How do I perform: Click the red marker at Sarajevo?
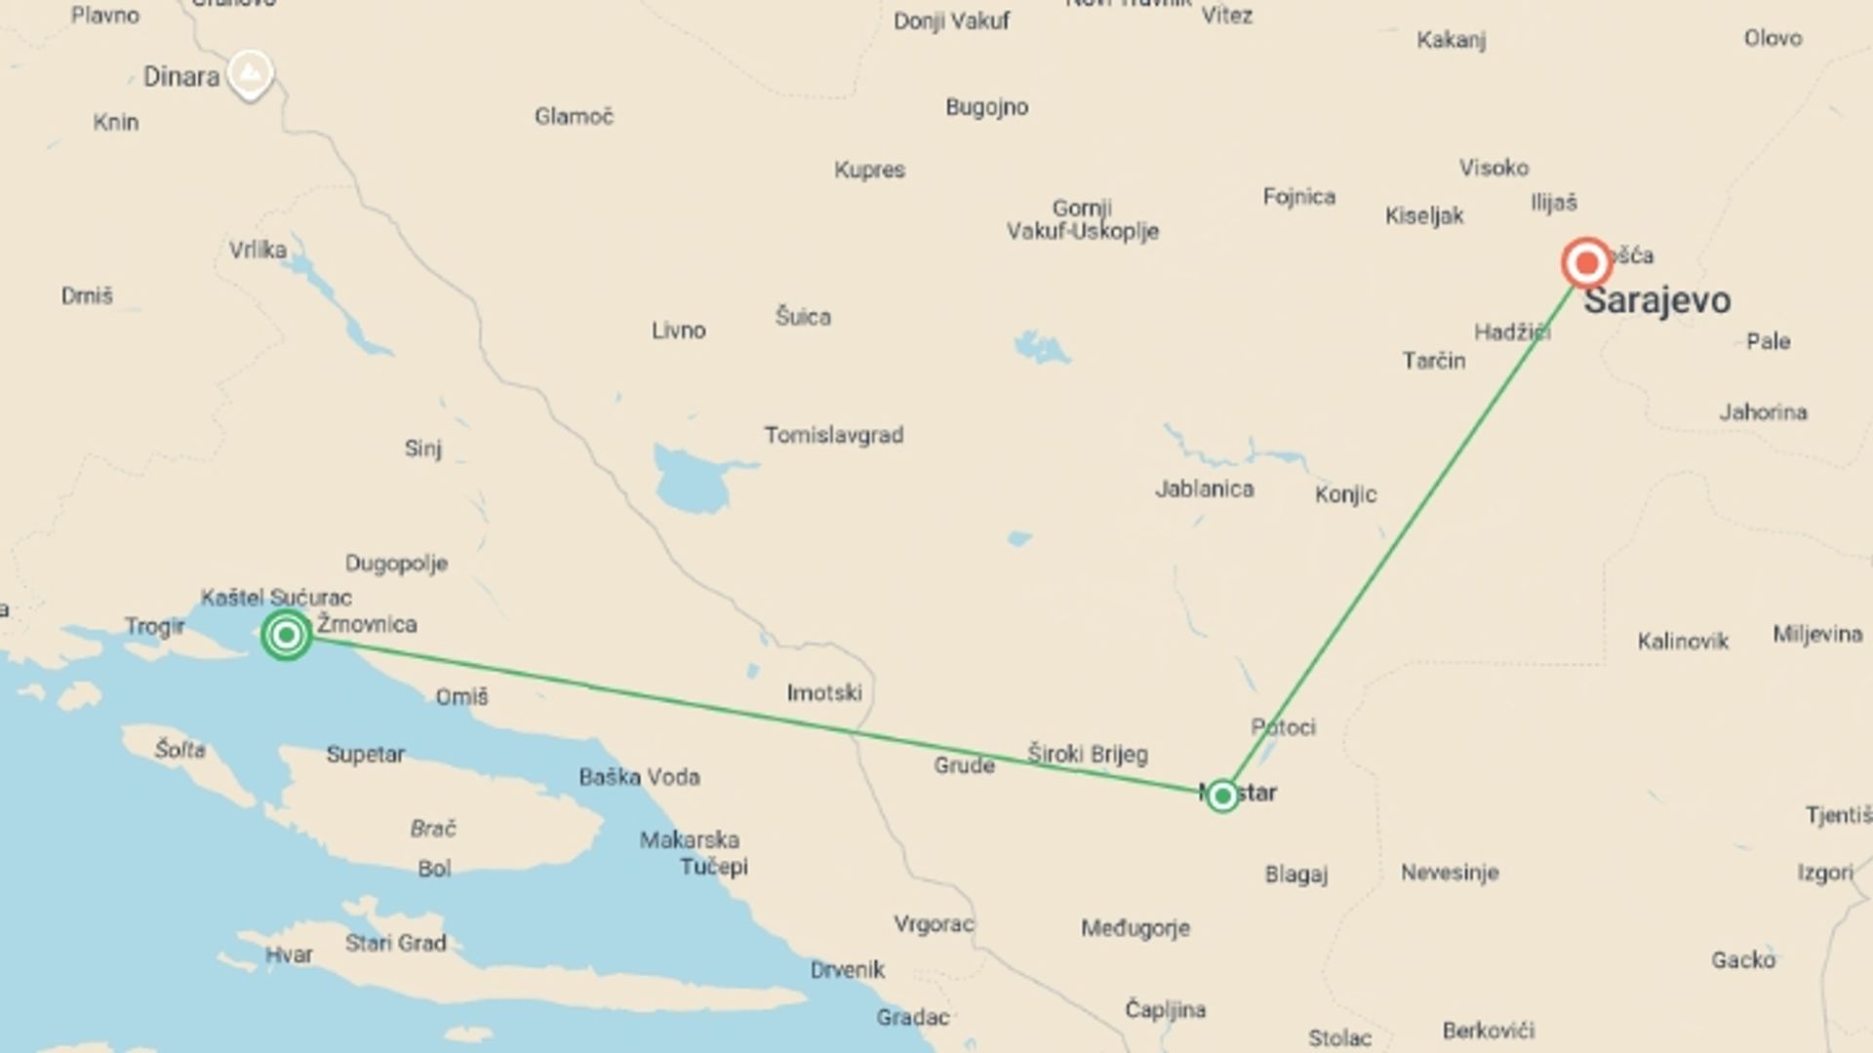(x=1586, y=263)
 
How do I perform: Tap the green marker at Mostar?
(x=1221, y=796)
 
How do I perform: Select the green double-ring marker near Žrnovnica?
(x=286, y=636)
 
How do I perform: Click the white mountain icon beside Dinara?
(x=250, y=73)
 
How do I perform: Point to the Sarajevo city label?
(x=1656, y=300)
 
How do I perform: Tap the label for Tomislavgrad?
(x=833, y=435)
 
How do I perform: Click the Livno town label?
(x=678, y=331)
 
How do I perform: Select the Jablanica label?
(x=1204, y=488)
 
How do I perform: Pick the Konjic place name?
(x=1345, y=494)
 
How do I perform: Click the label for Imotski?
(x=824, y=693)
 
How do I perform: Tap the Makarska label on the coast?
(x=689, y=839)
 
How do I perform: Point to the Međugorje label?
(x=1135, y=928)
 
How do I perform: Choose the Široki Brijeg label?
(x=1087, y=754)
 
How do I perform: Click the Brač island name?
(x=433, y=829)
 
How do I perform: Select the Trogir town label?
(x=154, y=626)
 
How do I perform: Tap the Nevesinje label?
(x=1449, y=873)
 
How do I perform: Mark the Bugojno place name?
(x=986, y=107)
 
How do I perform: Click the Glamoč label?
(x=574, y=117)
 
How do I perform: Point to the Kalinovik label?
(x=1682, y=642)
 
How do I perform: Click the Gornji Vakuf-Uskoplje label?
(x=1082, y=219)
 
